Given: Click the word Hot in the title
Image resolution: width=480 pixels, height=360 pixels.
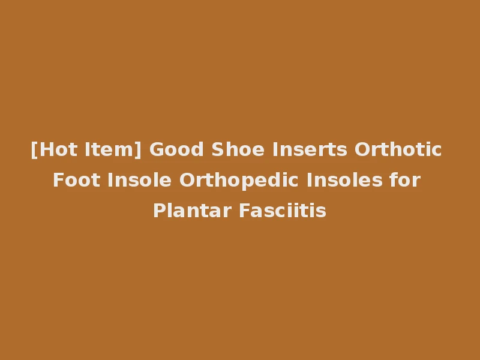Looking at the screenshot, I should pyautogui.click(x=55, y=149).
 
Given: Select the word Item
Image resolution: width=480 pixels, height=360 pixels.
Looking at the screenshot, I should pyautogui.click(x=110, y=149).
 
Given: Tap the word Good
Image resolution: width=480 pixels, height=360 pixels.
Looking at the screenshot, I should pyautogui.click(x=170, y=149).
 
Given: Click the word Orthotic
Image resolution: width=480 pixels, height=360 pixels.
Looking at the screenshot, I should pyautogui.click(x=398, y=149).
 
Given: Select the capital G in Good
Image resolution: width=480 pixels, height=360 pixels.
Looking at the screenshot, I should pyautogui.click(x=155, y=149).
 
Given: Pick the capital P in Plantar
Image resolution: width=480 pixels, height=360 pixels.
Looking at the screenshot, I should pyautogui.click(x=158, y=211).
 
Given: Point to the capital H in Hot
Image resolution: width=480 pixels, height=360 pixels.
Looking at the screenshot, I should pyautogui.click(x=44, y=149).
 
